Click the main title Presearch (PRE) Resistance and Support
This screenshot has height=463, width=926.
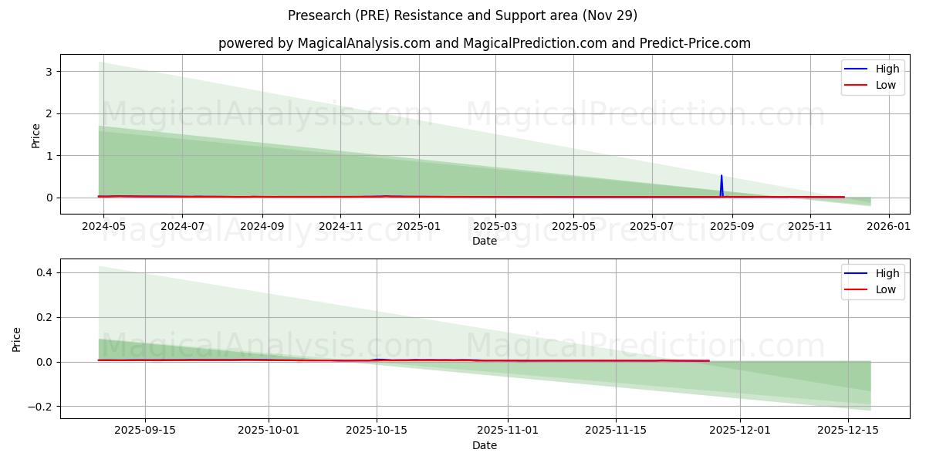462,15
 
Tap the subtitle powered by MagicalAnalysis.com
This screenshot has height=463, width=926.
484,43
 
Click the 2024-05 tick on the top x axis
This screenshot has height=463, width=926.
103,226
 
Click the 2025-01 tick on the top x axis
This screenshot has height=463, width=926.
419,226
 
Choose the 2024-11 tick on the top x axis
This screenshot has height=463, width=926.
340,226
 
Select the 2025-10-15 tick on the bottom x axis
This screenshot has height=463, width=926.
377,431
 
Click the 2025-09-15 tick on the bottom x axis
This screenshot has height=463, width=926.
145,431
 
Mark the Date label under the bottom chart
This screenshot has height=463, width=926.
484,445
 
